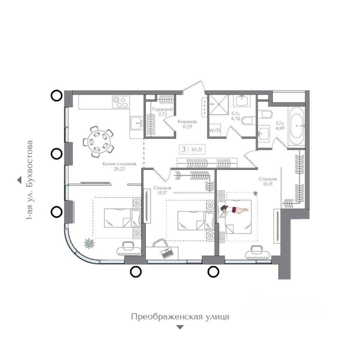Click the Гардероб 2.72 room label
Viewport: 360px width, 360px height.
point(162,112)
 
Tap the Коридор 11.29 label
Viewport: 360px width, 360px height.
point(187,124)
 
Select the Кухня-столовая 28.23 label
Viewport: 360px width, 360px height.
point(119,166)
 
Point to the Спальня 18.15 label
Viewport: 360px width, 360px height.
point(268,181)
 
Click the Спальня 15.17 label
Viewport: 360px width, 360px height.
point(162,190)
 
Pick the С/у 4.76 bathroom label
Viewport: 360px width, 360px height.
point(235,116)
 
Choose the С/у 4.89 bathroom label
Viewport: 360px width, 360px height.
point(280,126)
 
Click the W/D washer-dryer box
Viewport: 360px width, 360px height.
point(214,130)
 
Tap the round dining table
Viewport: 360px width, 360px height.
point(98,141)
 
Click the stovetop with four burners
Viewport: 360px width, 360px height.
point(121,102)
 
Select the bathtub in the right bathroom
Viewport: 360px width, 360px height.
point(297,126)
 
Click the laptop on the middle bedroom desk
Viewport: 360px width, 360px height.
point(167,253)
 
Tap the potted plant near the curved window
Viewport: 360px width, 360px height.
point(89,243)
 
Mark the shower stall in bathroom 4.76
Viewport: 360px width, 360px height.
point(219,105)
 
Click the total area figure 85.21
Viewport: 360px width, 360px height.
point(196,150)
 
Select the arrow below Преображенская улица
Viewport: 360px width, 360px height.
point(180,327)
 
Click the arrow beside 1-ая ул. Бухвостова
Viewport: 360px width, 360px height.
point(19,180)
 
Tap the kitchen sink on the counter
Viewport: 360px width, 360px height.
point(136,123)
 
